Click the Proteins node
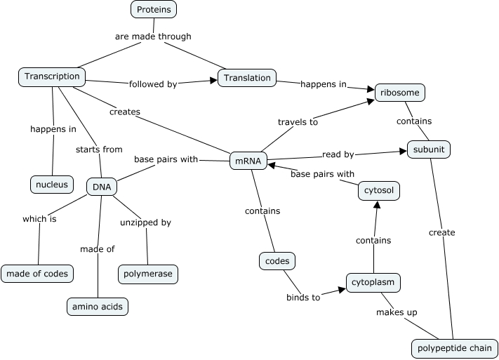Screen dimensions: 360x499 point(153,9)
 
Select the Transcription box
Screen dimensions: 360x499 point(53,76)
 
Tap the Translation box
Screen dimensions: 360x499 point(247,78)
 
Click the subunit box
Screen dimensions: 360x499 point(428,149)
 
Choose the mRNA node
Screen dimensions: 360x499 point(248,161)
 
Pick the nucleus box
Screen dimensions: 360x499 point(52,185)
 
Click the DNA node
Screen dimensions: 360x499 point(102,187)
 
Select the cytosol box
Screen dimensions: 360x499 point(378,190)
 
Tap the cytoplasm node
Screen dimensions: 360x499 point(373,283)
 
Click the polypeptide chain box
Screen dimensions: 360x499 point(454,348)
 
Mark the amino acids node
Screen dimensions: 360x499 point(98,307)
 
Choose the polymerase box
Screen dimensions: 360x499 point(147,274)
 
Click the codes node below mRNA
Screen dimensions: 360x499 point(277,261)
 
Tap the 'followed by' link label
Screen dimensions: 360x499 point(152,84)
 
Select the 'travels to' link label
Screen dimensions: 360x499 point(298,122)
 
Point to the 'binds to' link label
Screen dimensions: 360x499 point(303,298)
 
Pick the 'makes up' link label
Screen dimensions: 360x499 point(397,312)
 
